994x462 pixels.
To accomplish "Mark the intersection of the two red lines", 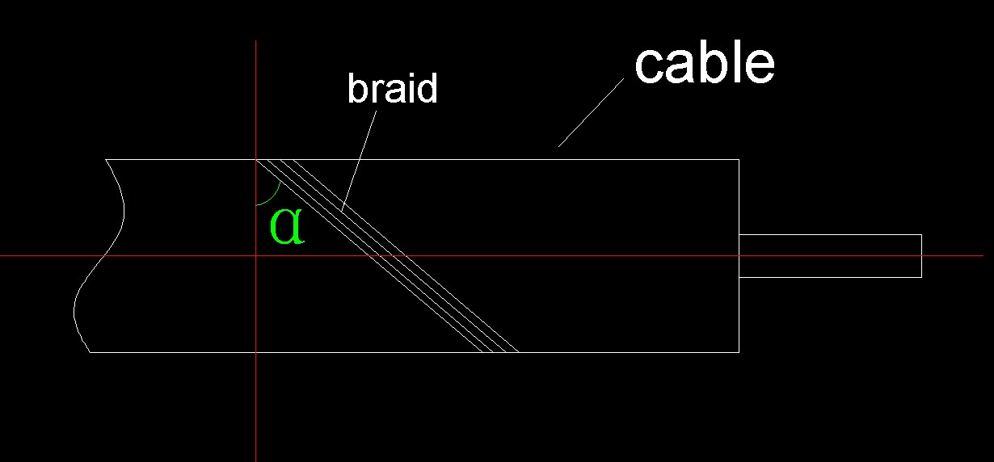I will point(255,255).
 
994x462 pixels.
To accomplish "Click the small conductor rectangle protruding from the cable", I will point(830,255).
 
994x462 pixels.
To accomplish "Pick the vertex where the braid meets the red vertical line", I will point(256,160).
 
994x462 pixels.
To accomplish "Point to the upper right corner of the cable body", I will point(739,160).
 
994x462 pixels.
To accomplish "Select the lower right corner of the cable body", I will point(739,352).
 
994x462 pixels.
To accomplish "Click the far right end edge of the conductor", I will point(921,255).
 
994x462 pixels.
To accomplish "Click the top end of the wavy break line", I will point(106,160).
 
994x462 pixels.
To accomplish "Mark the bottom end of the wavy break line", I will point(89,352).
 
